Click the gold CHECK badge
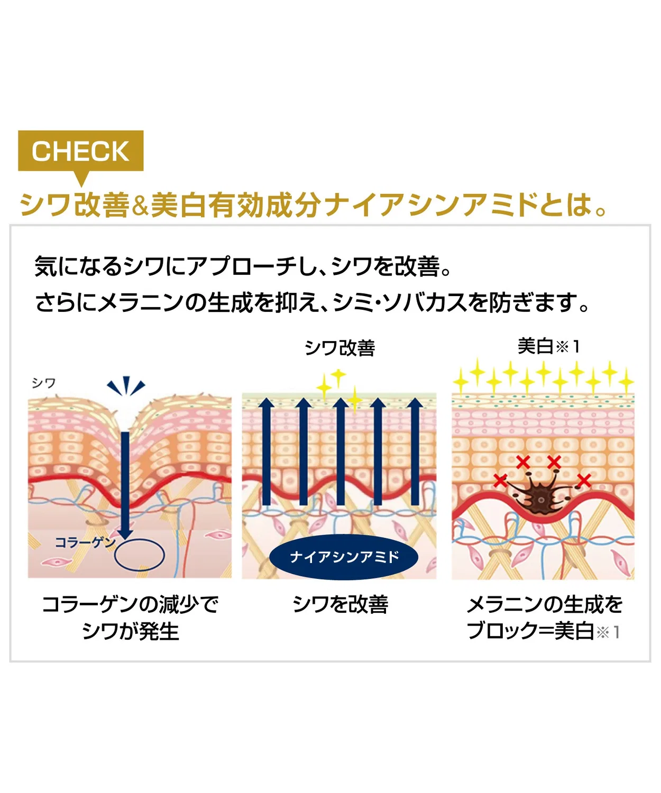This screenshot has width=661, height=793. (x=80, y=151)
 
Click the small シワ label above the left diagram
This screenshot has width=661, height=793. (x=44, y=383)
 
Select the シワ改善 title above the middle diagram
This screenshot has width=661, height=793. (x=339, y=348)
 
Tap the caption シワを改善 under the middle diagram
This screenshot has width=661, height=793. (x=341, y=605)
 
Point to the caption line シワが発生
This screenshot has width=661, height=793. (x=130, y=632)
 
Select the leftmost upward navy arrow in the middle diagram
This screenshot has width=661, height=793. (x=267, y=451)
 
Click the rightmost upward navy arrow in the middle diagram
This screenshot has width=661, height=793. (x=415, y=451)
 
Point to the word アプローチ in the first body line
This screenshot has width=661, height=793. (x=239, y=266)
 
